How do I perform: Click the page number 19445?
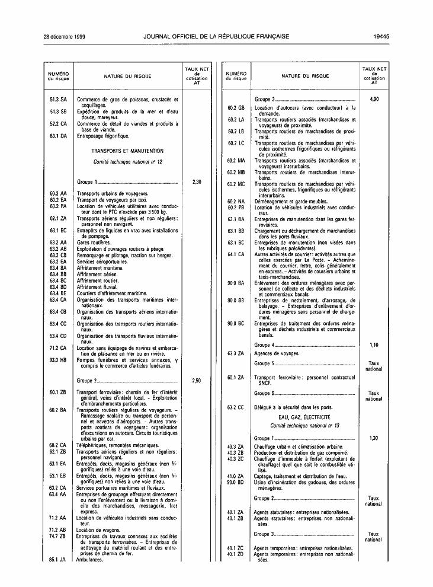click(x=381, y=36)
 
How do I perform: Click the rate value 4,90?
click(x=374, y=99)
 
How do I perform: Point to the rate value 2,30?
click(x=197, y=182)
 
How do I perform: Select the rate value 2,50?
click(x=197, y=381)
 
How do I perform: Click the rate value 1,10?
click(x=374, y=344)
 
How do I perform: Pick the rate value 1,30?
click(x=374, y=438)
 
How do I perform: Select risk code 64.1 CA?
click(x=236, y=254)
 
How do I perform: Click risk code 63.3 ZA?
click(x=236, y=353)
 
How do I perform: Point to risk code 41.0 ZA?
click(x=236, y=476)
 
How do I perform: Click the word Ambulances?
click(x=90, y=559)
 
